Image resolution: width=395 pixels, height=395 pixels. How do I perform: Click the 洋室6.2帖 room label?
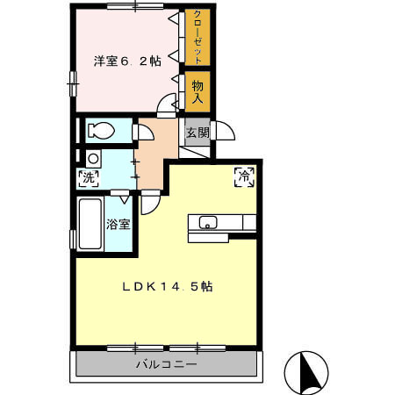(x=127, y=61)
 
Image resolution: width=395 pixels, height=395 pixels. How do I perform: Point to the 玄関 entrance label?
(x=197, y=133)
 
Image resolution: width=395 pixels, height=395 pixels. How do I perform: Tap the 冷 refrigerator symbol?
(x=244, y=176)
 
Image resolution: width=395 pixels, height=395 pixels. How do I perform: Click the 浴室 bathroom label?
(x=118, y=224)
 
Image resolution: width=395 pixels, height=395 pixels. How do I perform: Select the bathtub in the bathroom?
(x=90, y=224)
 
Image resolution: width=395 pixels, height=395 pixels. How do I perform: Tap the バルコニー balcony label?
(x=166, y=363)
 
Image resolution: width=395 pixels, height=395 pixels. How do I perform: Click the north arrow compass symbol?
(x=306, y=372)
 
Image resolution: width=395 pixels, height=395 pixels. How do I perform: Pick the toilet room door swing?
(x=144, y=133)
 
